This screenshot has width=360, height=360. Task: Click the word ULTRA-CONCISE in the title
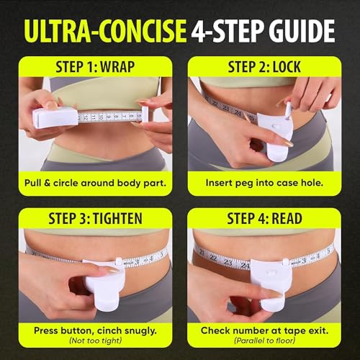pos(105,31)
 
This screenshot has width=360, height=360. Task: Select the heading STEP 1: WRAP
pos(95,67)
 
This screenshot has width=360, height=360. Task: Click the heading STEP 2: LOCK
pos(264,67)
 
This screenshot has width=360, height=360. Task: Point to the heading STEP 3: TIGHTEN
pos(95,218)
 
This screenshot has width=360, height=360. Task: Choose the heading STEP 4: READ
pos(264,218)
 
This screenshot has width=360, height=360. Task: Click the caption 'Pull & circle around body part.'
pos(95,183)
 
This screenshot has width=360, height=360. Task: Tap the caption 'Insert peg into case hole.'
pos(264,183)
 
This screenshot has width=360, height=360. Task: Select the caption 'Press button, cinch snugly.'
pos(95,330)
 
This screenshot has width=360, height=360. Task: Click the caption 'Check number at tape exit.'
pos(264,330)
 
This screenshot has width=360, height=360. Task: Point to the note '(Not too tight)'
pos(95,341)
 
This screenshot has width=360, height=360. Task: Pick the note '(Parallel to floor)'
pos(264,341)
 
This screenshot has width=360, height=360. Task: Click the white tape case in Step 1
pos(55,118)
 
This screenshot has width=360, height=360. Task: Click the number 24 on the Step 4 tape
pos(245,266)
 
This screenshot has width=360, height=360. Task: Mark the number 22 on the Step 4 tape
pos(213,258)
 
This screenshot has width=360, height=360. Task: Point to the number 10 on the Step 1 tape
pos(102,117)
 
